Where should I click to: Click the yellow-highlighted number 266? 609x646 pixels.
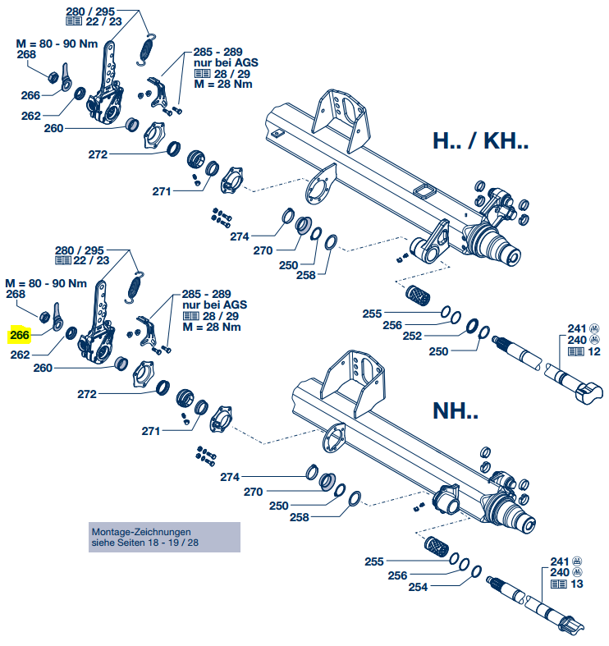[x=20, y=335]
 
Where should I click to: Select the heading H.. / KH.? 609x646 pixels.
[x=480, y=141]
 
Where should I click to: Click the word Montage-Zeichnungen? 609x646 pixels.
[x=140, y=532]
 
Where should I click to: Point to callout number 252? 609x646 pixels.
[x=436, y=337]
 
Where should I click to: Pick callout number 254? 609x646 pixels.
[x=419, y=588]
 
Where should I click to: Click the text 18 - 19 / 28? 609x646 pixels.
[x=163, y=543]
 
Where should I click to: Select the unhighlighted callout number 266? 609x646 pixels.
[x=31, y=96]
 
